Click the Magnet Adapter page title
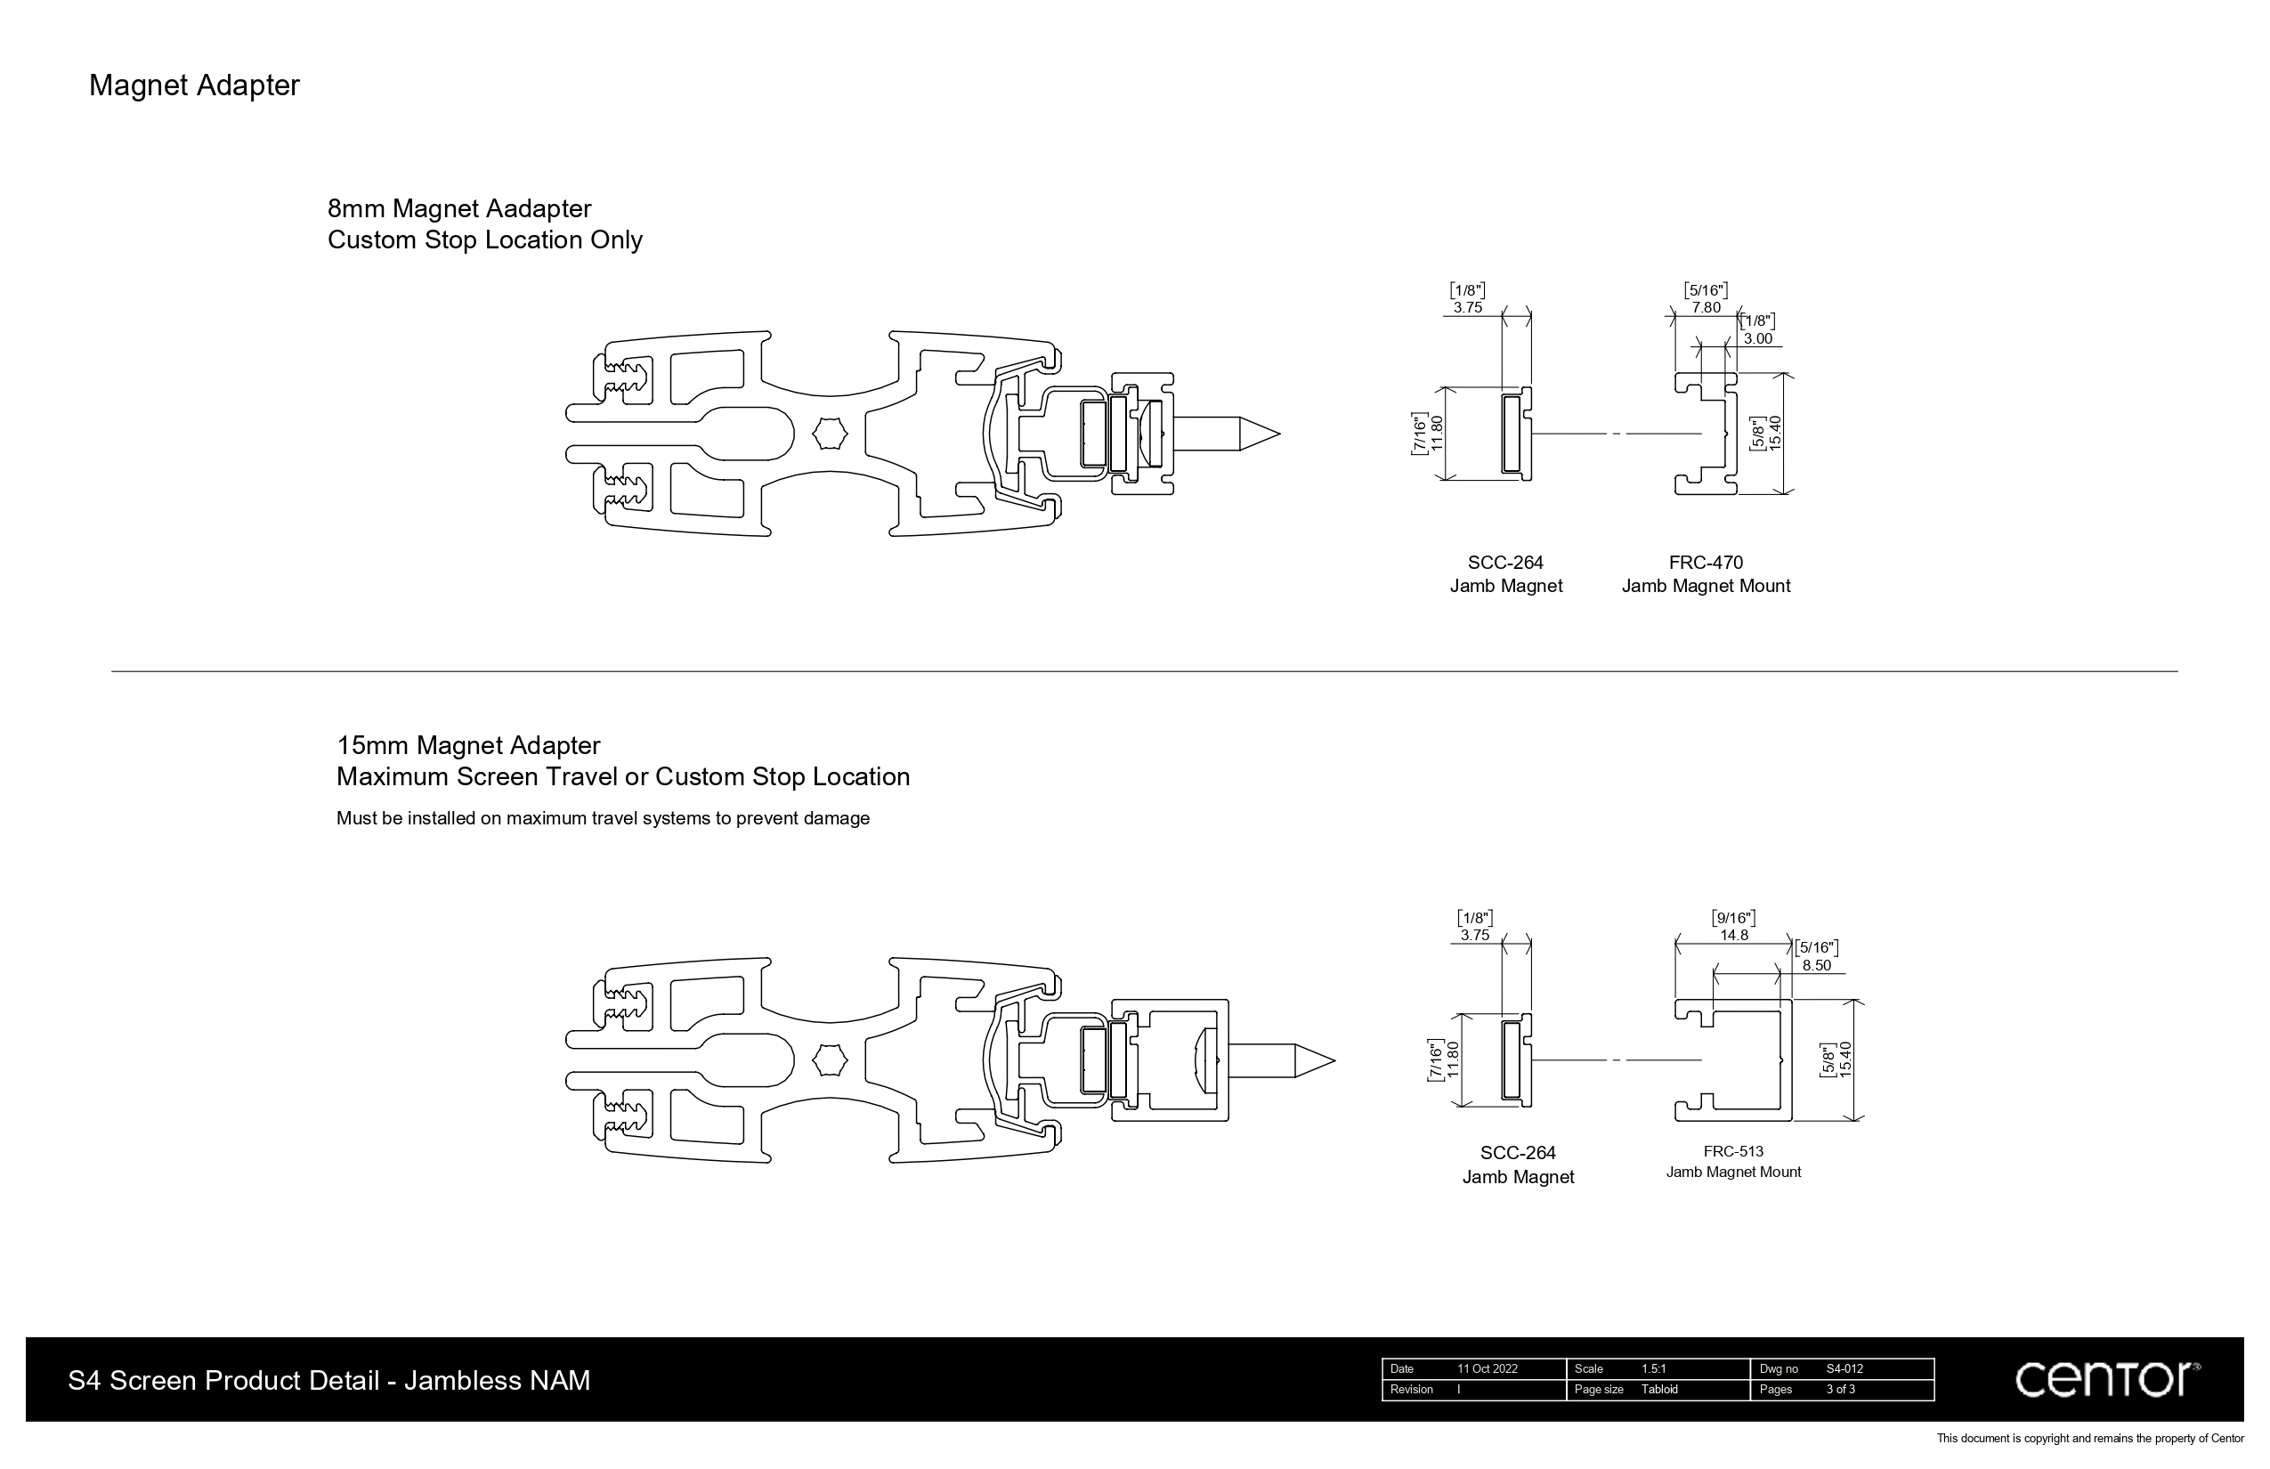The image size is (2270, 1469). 194,85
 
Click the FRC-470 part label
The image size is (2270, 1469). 1706,563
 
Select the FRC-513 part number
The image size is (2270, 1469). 1733,1151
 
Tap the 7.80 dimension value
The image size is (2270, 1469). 1706,308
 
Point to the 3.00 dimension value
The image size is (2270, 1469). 1758,338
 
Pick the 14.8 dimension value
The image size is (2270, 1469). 1733,936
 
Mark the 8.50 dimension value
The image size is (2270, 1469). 1816,965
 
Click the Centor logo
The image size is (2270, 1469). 2106,1379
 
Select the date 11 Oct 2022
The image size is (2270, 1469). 1487,1369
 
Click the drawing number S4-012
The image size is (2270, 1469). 1844,1369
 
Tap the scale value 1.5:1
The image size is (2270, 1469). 1654,1369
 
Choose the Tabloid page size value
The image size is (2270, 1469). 1659,1390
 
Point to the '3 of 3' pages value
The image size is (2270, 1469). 1841,1390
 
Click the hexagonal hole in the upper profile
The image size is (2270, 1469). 830,434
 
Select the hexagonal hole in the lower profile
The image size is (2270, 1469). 830,1060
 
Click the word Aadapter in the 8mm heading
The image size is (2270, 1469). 538,209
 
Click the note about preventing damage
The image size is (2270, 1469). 603,818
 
